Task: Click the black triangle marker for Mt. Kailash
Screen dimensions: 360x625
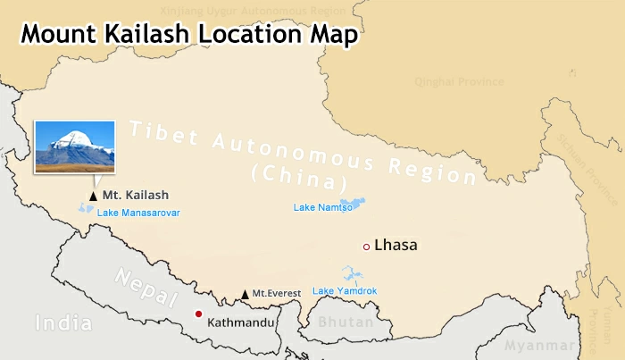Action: (92, 195)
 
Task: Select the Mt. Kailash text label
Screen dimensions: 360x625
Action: (135, 195)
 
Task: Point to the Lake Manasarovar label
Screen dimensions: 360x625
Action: (138, 213)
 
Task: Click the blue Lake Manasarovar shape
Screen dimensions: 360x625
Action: (87, 208)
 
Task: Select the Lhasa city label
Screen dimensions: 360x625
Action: (396, 245)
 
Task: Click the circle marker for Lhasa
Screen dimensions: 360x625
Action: (366, 246)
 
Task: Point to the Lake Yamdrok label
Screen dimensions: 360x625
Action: (345, 291)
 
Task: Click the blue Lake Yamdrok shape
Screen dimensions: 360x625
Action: (351, 275)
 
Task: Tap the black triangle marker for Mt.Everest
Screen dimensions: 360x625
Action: (246, 294)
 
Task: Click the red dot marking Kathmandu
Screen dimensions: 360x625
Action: (198, 314)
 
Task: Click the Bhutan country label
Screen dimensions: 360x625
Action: (340, 321)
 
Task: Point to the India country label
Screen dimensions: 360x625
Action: (63, 322)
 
